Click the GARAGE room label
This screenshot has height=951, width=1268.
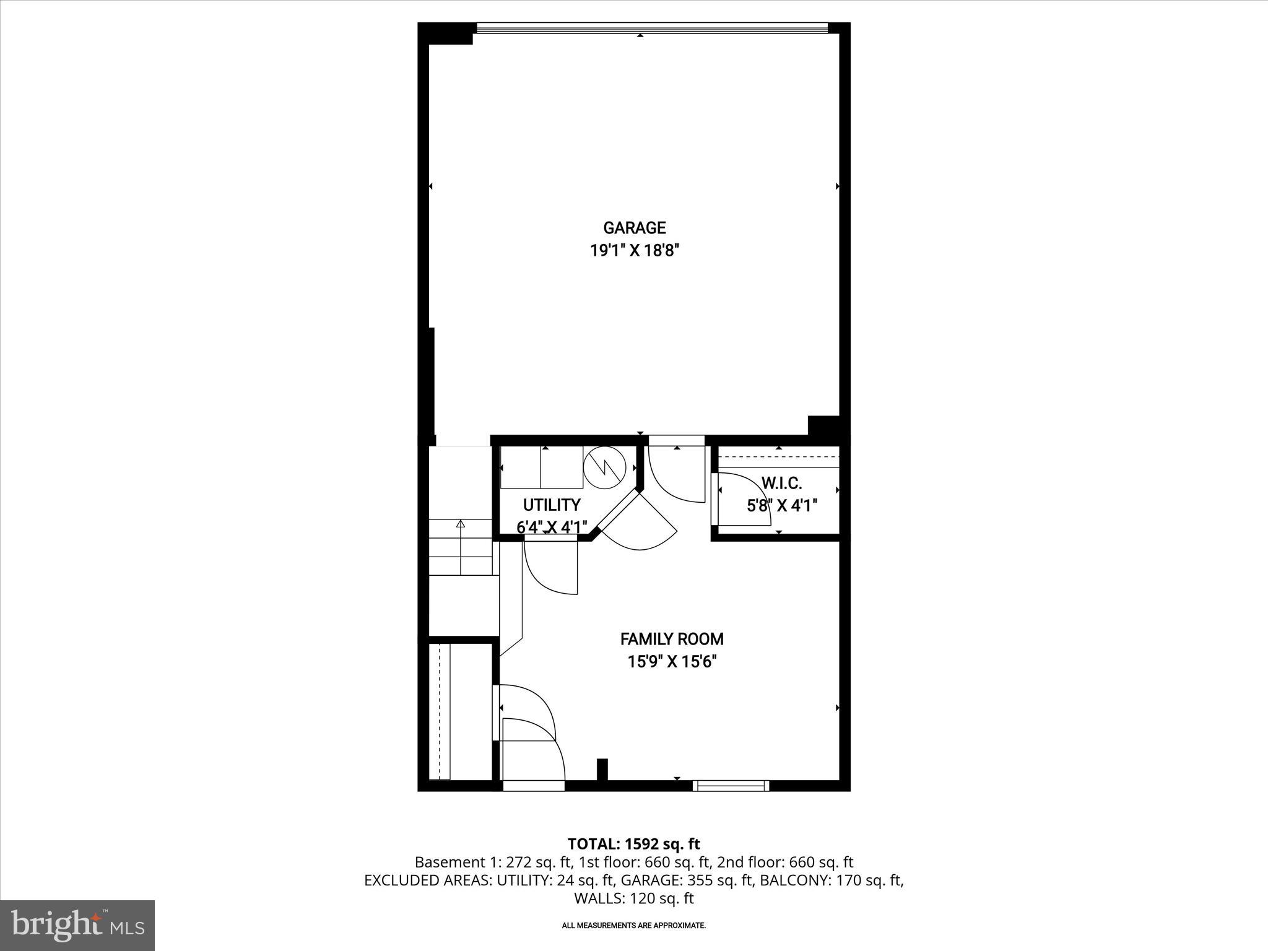click(635, 228)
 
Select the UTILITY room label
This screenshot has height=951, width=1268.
click(552, 505)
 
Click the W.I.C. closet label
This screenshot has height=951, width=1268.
click(781, 483)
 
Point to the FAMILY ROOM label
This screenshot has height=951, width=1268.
click(672, 639)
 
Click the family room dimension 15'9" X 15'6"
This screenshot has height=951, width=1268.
click(672, 662)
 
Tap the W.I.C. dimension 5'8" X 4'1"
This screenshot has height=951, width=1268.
click(782, 506)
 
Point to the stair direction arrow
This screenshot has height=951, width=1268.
click(461, 524)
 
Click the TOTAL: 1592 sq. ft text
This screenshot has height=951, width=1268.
click(633, 844)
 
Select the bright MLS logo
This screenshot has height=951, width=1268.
click(77, 925)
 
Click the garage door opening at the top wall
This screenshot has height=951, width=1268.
click(652, 28)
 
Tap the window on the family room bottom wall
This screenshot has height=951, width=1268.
click(731, 786)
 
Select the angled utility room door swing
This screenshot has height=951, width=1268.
click(641, 526)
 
